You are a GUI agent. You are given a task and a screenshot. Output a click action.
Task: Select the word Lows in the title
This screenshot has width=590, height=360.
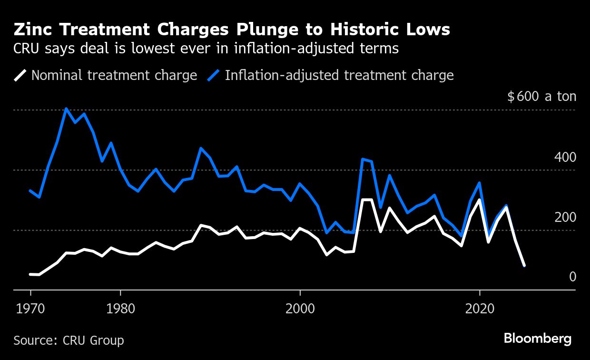[x=427, y=30]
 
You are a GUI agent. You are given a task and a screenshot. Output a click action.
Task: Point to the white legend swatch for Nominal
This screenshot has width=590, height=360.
[x=20, y=75]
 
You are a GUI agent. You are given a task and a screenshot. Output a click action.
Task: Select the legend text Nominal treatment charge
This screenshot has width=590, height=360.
[x=114, y=75]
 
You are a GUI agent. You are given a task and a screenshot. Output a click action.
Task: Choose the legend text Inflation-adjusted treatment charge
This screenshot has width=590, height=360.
[x=339, y=75]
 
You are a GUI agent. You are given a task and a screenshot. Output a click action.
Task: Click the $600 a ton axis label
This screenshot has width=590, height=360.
[x=541, y=97]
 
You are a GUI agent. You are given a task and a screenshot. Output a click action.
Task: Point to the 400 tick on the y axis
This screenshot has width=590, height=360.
[x=565, y=157]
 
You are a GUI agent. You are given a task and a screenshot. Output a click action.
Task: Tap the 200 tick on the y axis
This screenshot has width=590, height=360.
[x=565, y=217]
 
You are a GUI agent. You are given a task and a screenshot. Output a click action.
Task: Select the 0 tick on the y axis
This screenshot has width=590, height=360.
[x=573, y=277]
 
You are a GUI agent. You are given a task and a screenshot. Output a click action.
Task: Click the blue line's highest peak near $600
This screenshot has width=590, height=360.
[x=67, y=109]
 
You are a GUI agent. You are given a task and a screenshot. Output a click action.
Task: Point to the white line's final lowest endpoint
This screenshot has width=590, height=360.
[x=524, y=265]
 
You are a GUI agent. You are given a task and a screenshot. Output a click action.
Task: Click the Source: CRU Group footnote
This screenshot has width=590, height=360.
[x=69, y=340]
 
